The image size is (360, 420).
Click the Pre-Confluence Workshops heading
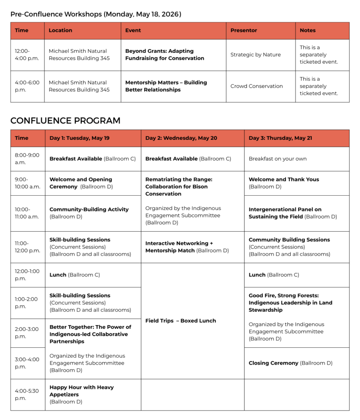tap(96, 14)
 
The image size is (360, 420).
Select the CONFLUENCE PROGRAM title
tap(65, 121)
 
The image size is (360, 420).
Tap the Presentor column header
tap(244, 30)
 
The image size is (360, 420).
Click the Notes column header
tap(308, 30)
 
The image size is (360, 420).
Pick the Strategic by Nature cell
tap(255, 55)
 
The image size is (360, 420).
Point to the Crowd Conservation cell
tap(256, 86)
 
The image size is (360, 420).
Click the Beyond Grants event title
tap(164, 55)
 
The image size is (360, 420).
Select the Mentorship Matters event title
tap(166, 86)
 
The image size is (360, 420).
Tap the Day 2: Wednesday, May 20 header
tap(181, 138)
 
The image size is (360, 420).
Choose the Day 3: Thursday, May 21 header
tap(280, 138)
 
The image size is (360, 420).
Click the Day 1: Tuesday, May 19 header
tap(79, 138)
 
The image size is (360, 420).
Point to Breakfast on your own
tap(277, 159)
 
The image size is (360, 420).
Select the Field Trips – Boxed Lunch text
tap(180, 321)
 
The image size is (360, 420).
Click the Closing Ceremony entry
tap(290, 363)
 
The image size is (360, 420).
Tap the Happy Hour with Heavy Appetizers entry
tap(82, 391)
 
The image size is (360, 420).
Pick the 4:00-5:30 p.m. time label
tap(27, 395)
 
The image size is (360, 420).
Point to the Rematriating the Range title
tap(179, 187)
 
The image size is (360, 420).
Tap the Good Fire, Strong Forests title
tap(290, 303)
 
